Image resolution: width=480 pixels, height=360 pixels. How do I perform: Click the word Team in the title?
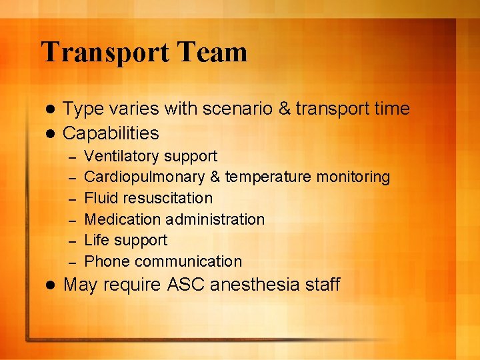click(219, 53)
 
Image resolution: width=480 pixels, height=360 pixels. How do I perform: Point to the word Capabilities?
click(111, 133)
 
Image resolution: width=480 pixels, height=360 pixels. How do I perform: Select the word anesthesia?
click(255, 285)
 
